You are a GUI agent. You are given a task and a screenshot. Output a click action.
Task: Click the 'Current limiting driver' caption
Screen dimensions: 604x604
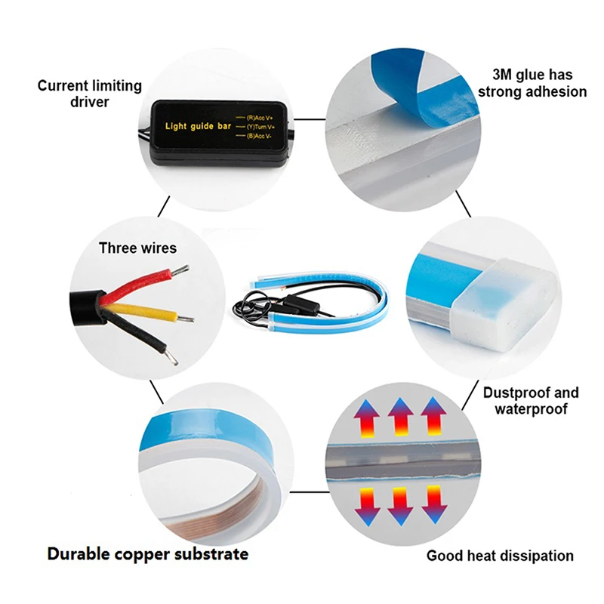[x=89, y=93]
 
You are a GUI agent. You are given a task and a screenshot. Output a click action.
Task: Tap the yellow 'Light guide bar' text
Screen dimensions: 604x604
[x=198, y=126]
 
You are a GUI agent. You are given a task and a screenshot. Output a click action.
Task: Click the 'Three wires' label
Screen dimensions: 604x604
[x=137, y=248]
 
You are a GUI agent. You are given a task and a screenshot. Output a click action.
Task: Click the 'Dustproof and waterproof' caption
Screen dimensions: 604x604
[x=531, y=400]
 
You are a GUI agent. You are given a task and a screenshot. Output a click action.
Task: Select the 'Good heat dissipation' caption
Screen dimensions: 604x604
[x=500, y=556]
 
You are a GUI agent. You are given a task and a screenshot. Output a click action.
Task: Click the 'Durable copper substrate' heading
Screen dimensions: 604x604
[x=148, y=554]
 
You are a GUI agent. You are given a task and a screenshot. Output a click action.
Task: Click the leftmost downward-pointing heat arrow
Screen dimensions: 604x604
[x=368, y=505]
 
